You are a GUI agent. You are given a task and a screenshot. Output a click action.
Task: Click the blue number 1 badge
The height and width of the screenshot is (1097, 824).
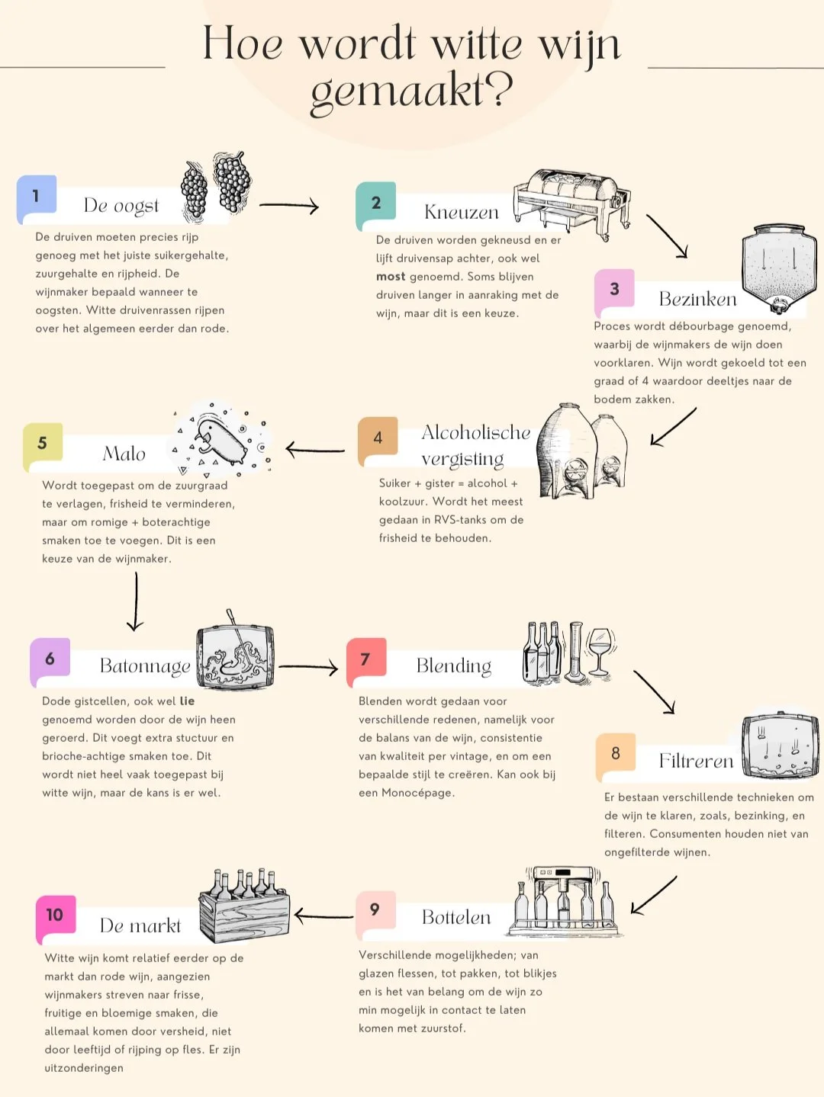(x=36, y=197)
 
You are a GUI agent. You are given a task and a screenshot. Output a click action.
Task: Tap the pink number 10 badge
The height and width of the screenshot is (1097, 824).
(x=55, y=915)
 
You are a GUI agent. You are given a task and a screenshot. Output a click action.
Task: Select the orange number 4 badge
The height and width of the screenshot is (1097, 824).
(x=378, y=438)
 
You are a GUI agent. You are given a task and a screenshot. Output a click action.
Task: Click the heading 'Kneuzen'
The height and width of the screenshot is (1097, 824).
(x=461, y=212)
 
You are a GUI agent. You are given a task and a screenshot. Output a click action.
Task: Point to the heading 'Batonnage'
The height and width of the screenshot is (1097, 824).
(x=145, y=666)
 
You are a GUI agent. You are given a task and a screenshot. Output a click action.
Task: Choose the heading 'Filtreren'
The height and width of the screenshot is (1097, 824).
(x=696, y=761)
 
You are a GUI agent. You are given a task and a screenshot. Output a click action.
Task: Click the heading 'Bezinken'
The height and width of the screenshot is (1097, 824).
(x=697, y=299)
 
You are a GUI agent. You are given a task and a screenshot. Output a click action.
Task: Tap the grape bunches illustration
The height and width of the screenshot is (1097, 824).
(x=217, y=185)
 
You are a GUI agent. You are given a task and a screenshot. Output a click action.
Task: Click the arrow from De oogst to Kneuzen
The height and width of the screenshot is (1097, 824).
(x=288, y=205)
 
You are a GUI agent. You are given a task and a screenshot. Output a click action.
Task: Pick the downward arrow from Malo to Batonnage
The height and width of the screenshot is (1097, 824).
(x=136, y=602)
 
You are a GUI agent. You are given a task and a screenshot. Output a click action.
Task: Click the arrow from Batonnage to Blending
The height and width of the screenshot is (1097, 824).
(x=308, y=668)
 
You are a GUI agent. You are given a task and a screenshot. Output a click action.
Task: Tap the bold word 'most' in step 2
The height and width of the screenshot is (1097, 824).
(x=391, y=277)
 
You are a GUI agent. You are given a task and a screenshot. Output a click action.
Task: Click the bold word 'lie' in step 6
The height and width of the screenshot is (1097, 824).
(x=187, y=701)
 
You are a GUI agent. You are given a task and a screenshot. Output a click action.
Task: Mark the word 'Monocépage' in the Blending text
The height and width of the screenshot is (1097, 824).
(x=418, y=793)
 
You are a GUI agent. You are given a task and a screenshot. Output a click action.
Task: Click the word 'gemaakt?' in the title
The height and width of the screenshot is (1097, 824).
(x=411, y=91)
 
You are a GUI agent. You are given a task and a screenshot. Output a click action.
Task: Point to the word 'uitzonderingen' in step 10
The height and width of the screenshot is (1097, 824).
(x=84, y=1068)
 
